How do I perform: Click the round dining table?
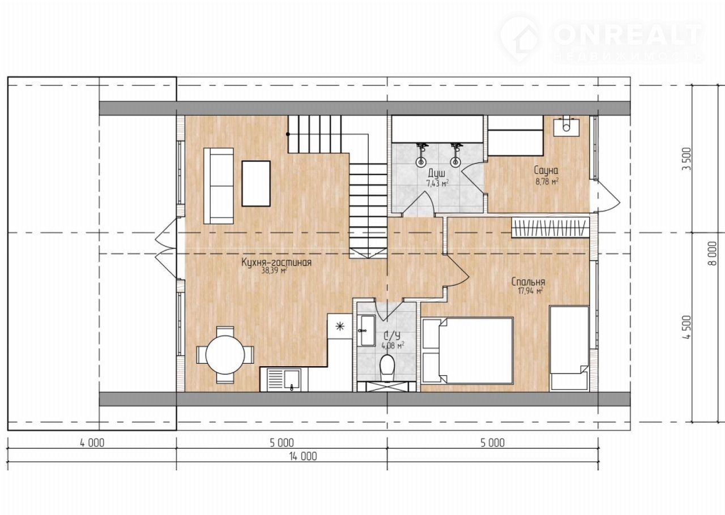point(225,355)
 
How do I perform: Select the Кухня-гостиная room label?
point(276,263)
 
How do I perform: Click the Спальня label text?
point(528,282)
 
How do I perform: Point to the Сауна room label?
point(546,170)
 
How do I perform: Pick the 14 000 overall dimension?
point(303,456)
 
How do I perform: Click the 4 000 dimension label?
point(92,443)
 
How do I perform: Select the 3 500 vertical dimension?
point(686,159)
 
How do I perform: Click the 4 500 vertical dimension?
point(686,327)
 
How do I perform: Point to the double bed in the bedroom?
point(468,351)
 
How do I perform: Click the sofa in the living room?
point(219,186)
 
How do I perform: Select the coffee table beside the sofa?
point(256,183)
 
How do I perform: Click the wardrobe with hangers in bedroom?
point(550,228)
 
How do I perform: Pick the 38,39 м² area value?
point(275,271)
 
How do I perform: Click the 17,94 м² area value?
point(530,290)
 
